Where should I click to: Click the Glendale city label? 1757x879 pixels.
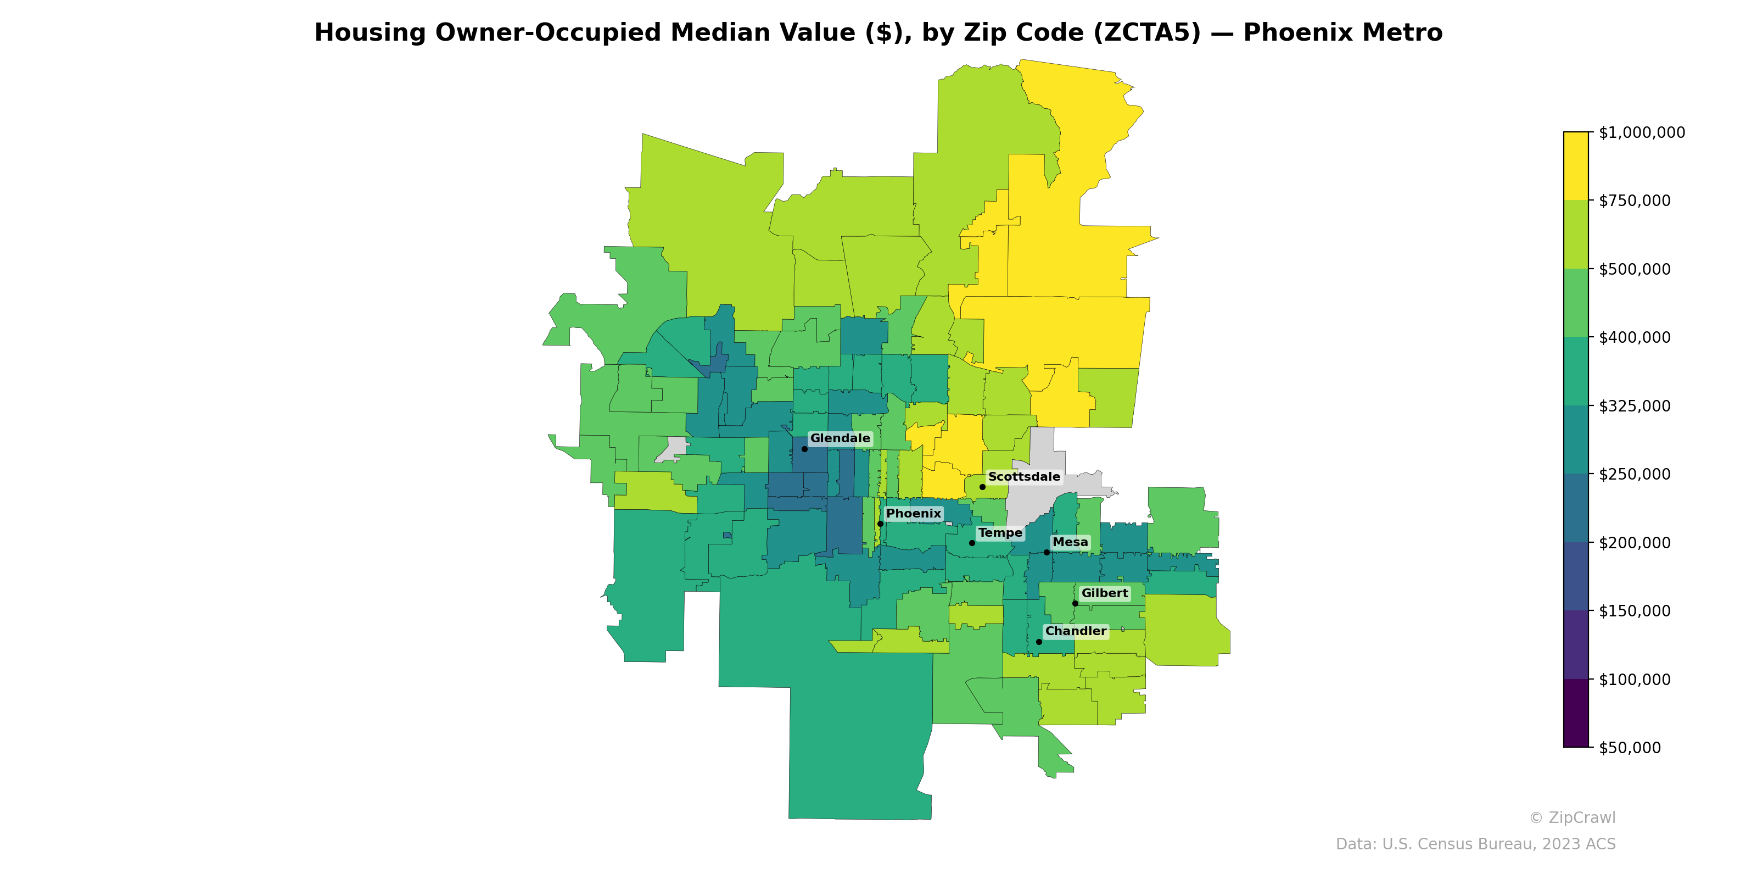pos(840,438)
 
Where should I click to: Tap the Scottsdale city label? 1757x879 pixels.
pos(1024,476)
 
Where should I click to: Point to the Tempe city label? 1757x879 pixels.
pos(1000,532)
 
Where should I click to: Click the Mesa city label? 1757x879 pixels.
pos(1070,542)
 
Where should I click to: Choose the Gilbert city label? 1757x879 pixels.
pos(1104,593)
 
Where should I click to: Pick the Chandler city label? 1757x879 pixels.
pos(1076,631)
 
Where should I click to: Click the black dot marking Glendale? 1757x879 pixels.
pos(804,449)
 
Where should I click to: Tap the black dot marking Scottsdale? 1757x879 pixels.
pos(982,487)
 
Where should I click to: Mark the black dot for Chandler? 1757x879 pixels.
pos(1039,642)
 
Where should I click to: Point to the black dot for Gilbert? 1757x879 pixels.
pos(1075,603)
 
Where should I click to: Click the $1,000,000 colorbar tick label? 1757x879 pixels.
pos(1642,132)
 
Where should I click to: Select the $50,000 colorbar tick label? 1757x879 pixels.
pos(1630,747)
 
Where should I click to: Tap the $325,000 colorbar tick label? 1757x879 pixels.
pos(1635,406)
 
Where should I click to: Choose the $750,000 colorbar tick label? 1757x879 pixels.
pos(1635,201)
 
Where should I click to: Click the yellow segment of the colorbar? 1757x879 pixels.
pos(1576,166)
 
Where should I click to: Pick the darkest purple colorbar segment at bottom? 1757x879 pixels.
pos(1576,713)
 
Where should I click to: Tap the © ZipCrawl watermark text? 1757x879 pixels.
pos(1572,817)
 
